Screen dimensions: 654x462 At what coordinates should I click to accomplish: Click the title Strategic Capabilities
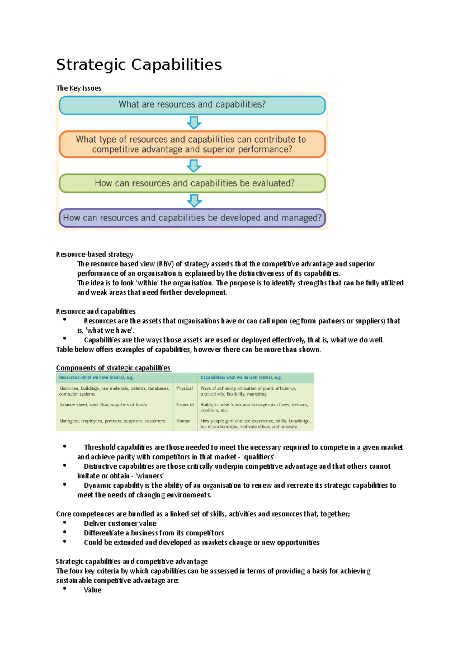[139, 65]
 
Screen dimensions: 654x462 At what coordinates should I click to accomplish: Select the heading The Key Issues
[79, 88]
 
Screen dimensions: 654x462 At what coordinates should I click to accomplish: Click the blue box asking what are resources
[192, 105]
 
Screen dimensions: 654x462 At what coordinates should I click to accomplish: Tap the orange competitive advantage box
[192, 144]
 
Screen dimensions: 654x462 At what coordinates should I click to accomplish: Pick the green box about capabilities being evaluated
[192, 183]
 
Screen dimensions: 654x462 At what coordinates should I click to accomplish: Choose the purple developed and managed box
[192, 218]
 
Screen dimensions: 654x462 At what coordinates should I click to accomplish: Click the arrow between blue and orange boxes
[194, 123]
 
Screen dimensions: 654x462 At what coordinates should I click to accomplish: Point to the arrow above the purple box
[194, 201]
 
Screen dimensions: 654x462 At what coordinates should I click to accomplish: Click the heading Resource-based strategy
[94, 254]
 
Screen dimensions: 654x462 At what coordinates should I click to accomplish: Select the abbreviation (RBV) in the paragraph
[165, 264]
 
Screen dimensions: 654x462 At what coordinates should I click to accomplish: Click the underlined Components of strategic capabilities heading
[113, 368]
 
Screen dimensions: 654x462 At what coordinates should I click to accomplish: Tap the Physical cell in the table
[184, 388]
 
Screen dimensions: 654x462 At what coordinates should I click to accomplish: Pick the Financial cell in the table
[185, 404]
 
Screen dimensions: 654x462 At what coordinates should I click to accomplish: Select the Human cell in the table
[183, 421]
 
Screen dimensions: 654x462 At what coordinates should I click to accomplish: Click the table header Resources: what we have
[96, 377]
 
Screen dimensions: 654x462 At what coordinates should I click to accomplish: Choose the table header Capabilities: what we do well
[241, 377]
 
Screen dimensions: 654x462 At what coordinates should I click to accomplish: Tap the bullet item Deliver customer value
[120, 523]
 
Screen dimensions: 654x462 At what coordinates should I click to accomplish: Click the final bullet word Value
[93, 590]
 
